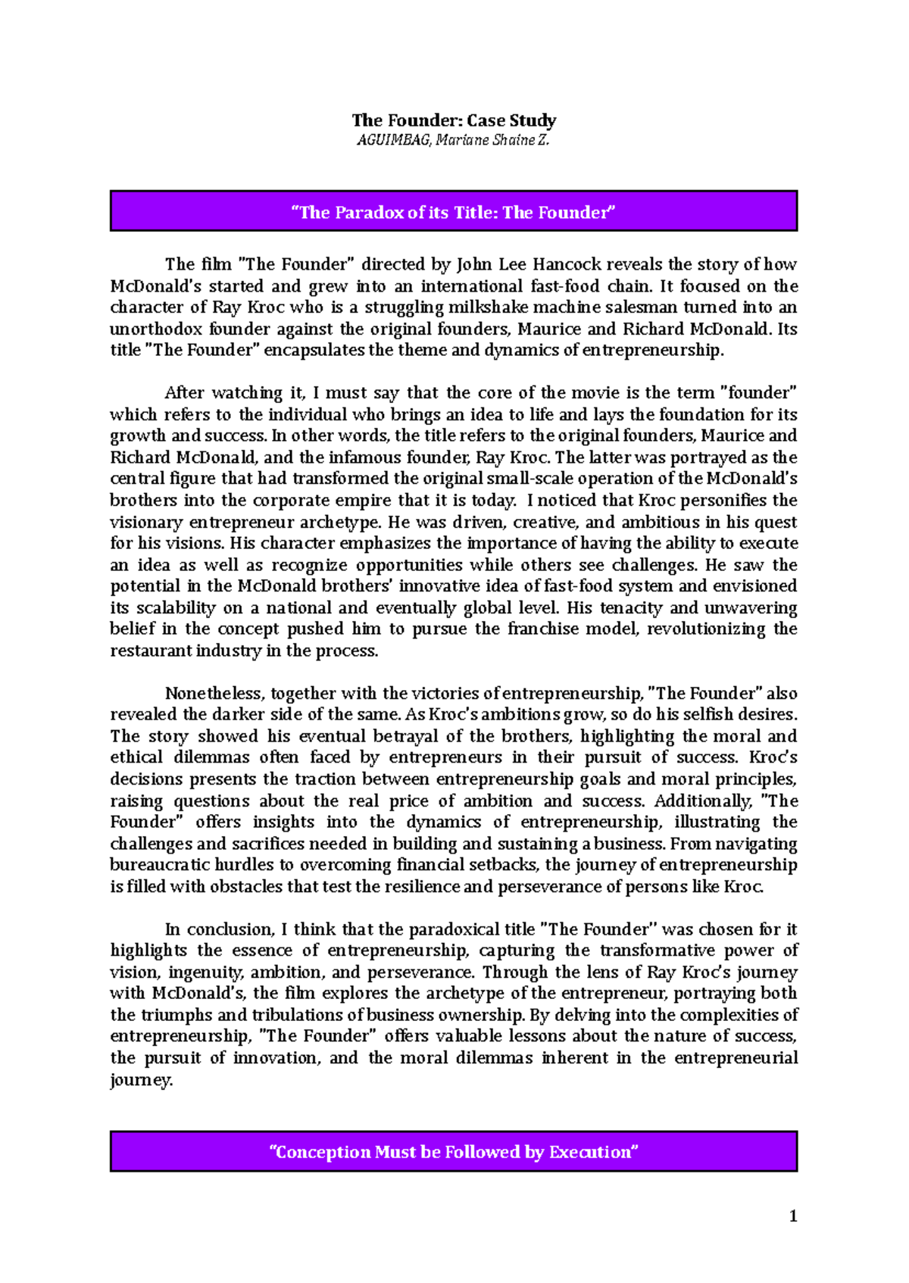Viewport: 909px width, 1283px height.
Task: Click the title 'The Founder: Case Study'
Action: [x=454, y=120]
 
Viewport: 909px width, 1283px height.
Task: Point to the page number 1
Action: [x=793, y=1216]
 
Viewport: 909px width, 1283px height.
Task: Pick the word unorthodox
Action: [x=156, y=329]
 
